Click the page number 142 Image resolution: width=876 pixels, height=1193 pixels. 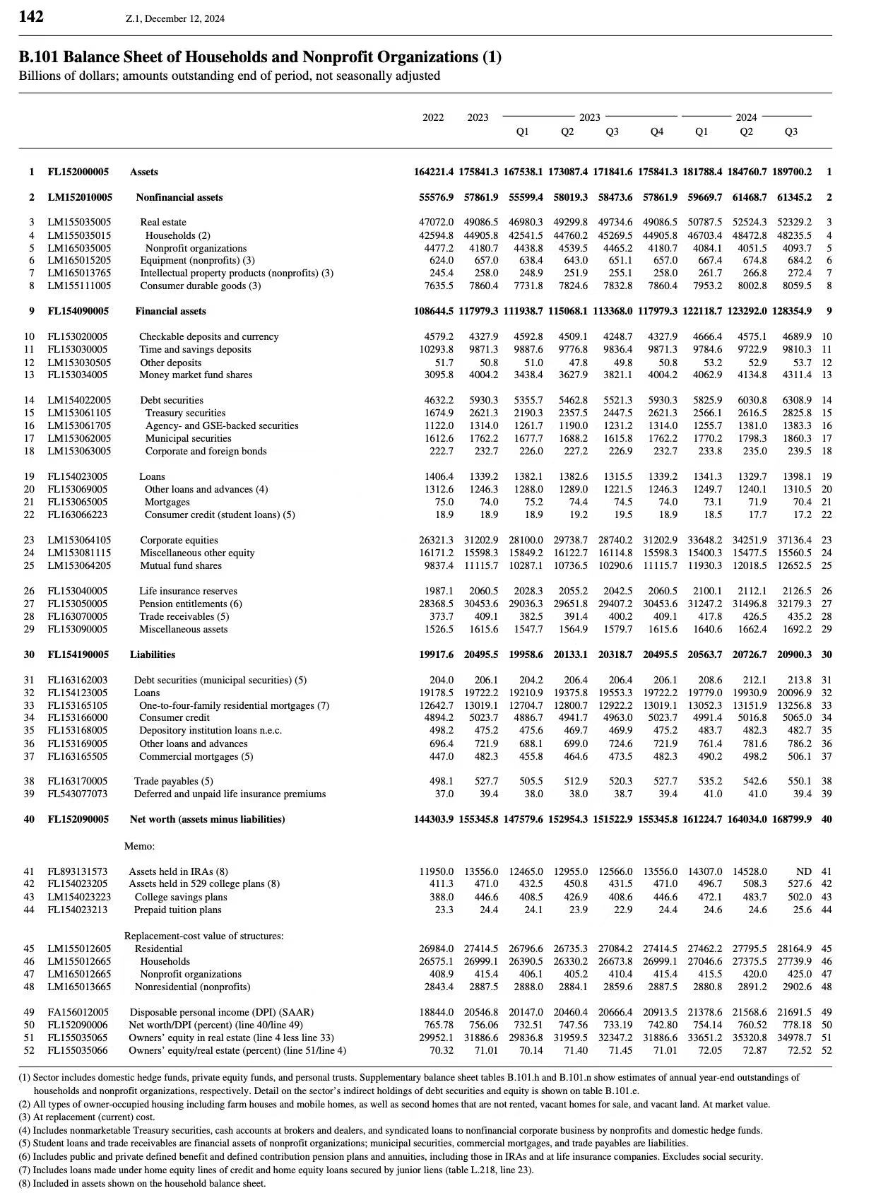pyautogui.click(x=31, y=16)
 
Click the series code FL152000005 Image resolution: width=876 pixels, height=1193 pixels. pyautogui.click(x=78, y=172)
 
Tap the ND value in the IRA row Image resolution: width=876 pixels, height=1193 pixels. pyautogui.click(x=803, y=871)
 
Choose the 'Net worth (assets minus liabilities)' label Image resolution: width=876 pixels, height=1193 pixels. pyautogui.click(x=207, y=819)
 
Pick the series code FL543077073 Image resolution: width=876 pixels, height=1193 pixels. pyautogui.click(x=78, y=794)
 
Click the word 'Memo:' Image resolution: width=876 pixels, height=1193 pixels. pyautogui.click(x=139, y=846)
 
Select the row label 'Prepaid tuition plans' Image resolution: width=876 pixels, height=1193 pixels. pyautogui.click(x=177, y=910)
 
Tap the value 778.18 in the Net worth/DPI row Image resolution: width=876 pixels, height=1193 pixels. pyautogui.click(x=797, y=1025)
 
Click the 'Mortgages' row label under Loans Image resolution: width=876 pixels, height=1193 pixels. pyautogui.click(x=167, y=502)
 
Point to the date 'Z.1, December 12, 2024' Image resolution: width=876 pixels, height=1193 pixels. pyautogui.click(x=174, y=18)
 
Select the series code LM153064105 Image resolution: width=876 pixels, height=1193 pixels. pyautogui.click(x=79, y=540)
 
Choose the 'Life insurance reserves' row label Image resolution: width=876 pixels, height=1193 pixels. pyautogui.click(x=188, y=591)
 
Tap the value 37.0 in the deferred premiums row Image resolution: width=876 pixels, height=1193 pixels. pyautogui.click(x=444, y=794)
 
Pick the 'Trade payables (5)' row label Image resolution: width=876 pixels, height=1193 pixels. pyautogui.click(x=173, y=781)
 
